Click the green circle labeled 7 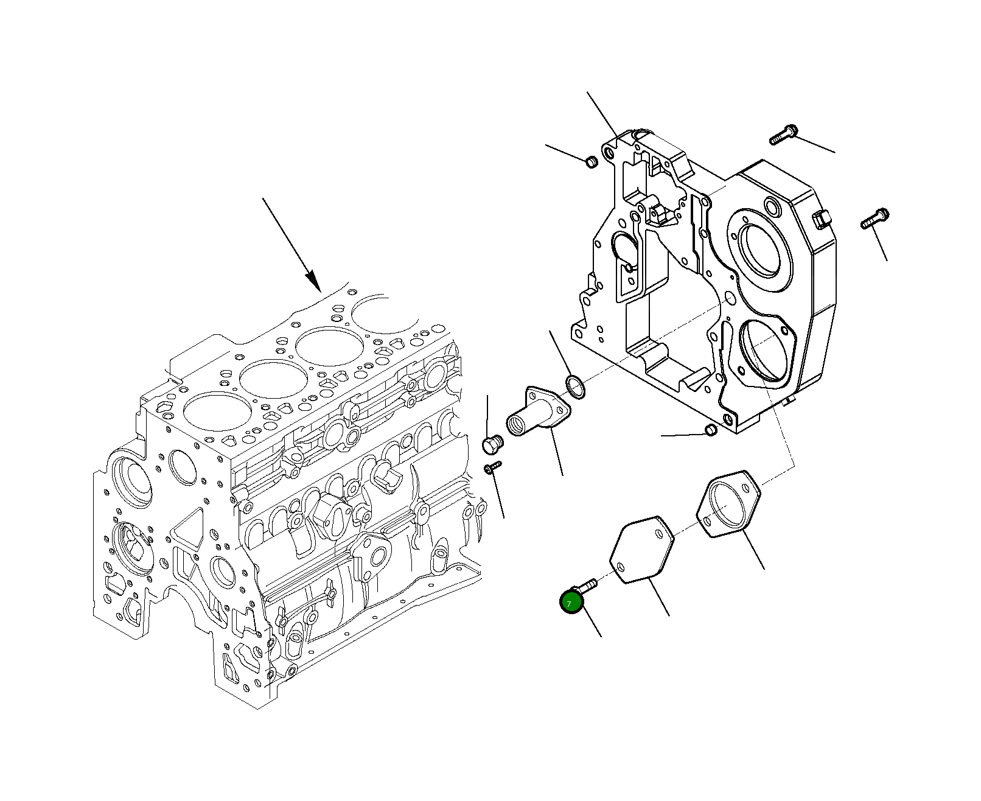571,603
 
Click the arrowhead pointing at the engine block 313,281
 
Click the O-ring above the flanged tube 575,387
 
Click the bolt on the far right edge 875,219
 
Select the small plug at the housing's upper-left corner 590,162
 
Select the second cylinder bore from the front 272,378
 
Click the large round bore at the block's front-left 130,479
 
